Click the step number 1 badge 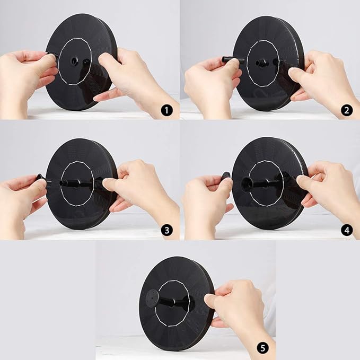coord(166,111)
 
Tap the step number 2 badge coord(346,111)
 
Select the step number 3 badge coord(166,230)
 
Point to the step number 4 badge coord(346,230)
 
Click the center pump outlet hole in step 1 coord(74,61)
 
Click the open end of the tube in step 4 coord(247,182)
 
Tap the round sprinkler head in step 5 coord(152,296)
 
